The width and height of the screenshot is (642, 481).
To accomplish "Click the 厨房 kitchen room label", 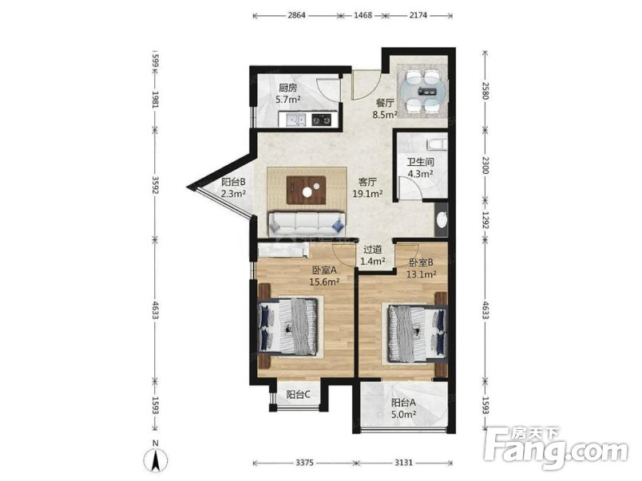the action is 287,88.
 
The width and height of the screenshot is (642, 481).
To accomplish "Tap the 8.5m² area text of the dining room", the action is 384,115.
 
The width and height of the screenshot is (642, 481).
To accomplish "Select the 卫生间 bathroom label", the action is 421,162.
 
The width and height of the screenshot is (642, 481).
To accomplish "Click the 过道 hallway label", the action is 373,249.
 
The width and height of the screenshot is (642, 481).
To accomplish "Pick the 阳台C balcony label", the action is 299,395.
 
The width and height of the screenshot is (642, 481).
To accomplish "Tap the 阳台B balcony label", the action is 233,183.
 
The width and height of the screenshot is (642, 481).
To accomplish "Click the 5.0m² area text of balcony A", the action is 404,414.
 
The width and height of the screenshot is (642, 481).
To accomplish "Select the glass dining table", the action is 424,91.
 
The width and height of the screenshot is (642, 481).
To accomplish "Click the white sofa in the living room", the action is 307,223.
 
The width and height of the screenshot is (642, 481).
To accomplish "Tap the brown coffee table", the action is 307,190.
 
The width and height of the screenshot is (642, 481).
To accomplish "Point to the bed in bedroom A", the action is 288,326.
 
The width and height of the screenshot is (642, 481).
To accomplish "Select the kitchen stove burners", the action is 323,120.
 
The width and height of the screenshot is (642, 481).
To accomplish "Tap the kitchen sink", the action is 296,120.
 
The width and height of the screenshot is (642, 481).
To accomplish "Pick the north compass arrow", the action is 156,460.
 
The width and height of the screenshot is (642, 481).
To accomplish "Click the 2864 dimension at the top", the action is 296,15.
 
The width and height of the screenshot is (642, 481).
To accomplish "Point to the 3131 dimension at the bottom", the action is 403,463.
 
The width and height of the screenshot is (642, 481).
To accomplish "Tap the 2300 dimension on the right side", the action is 485,165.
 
